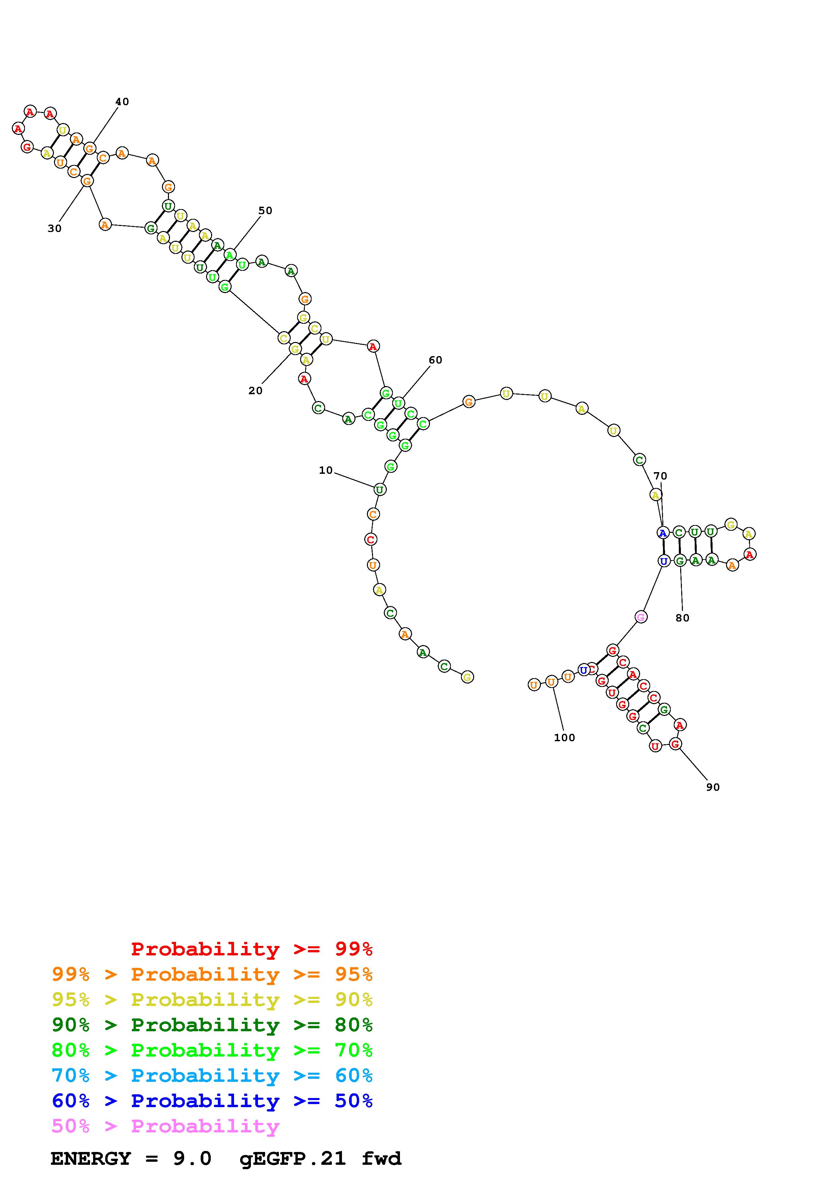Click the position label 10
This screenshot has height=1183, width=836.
[325, 470]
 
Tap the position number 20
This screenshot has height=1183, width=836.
[256, 391]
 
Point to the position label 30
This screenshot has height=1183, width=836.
[55, 229]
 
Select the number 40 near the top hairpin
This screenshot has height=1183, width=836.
[122, 102]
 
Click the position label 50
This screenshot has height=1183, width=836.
[265, 211]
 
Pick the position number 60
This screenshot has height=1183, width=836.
[435, 360]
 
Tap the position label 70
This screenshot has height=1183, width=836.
[660, 476]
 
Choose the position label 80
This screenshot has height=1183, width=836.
[683, 618]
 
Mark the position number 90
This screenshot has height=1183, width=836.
[713, 787]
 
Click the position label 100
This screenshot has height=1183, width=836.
[565, 738]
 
